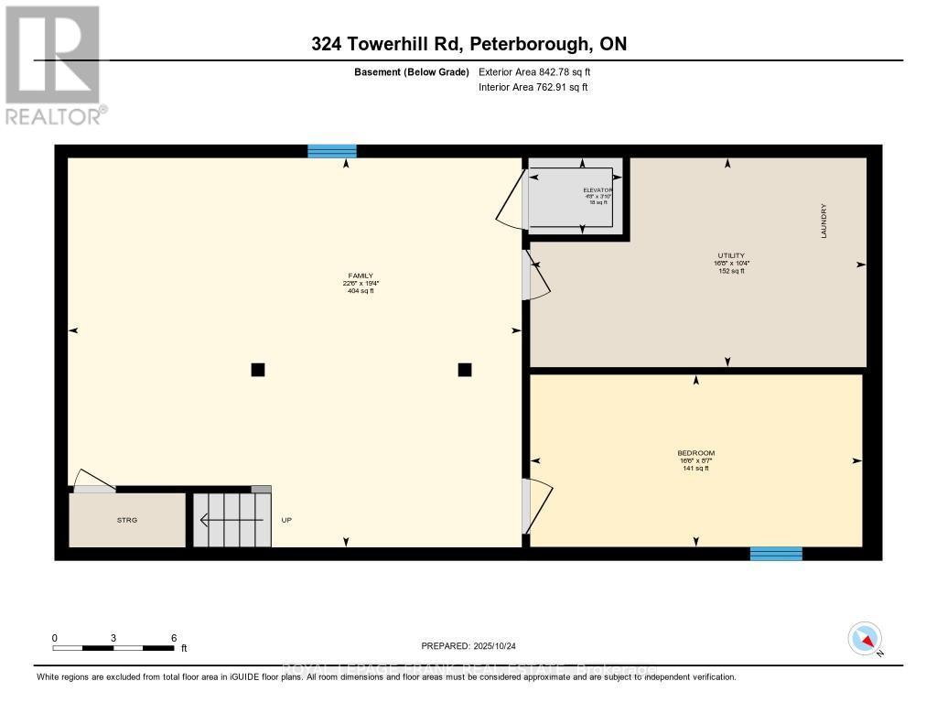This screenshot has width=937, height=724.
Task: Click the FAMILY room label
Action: [x=359, y=276]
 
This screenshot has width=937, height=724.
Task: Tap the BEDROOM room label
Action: [x=695, y=454]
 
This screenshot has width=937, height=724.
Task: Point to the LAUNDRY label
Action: [x=824, y=222]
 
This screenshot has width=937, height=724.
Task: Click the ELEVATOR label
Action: [x=598, y=189]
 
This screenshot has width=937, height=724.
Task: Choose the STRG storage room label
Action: [x=127, y=520]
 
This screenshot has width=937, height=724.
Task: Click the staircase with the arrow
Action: [x=232, y=520]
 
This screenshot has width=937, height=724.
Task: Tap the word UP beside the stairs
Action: [x=286, y=520]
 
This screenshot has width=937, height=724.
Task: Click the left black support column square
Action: [x=258, y=370]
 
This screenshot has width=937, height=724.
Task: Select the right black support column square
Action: [x=465, y=370]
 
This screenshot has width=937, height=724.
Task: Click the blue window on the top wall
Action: [x=331, y=151]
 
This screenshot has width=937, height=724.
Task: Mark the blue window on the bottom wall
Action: [x=776, y=554]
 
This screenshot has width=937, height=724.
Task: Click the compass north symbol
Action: [x=864, y=638]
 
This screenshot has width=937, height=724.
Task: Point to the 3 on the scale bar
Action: [x=113, y=638]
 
